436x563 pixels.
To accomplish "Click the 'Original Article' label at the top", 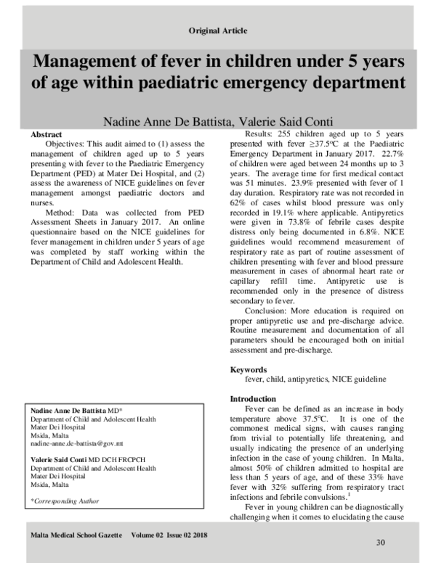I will coord(217,30).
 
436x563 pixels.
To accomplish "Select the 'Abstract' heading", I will coord(46,136).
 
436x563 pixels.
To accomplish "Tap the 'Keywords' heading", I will coord(249,369).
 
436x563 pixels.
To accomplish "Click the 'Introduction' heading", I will coord(253,399).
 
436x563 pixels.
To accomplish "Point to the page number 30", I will coord(380,543).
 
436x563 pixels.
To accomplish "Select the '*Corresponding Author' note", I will coord(64,501).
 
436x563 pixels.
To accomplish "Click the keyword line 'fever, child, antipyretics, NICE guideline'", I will coord(315,379).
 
